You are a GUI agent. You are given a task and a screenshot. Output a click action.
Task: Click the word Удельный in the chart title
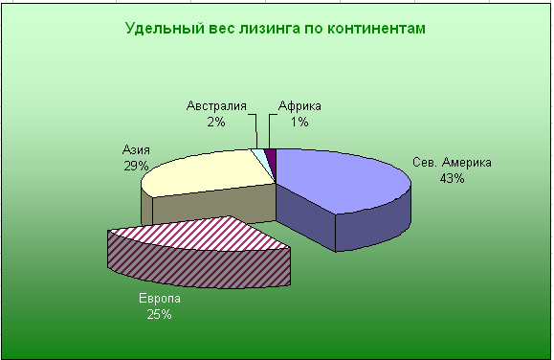tap(165, 29)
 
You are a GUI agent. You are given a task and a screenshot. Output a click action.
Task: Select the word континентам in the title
tap(376, 29)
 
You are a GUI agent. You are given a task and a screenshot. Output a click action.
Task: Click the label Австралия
tap(216, 105)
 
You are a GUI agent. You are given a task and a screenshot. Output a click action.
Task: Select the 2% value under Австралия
tap(216, 122)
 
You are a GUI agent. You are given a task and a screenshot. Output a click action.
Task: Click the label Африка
tap(299, 105)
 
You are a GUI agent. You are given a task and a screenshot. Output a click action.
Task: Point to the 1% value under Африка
tap(299, 122)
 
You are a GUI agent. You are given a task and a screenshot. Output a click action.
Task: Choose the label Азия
tap(136, 150)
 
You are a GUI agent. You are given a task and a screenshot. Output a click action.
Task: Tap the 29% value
tap(136, 166)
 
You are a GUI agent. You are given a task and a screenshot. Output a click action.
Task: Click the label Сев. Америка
tap(452, 163)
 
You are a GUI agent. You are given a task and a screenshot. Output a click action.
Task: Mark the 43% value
tap(452, 179)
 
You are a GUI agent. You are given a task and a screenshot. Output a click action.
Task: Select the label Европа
tap(160, 298)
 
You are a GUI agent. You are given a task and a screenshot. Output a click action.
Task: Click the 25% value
tap(160, 314)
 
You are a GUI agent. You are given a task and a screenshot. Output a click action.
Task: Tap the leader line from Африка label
tap(269, 129)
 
